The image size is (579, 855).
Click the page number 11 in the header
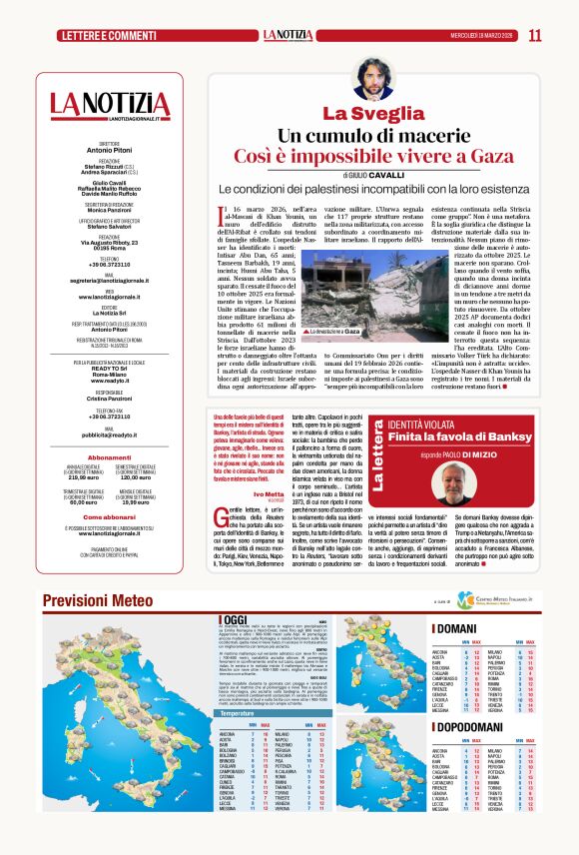pyautogui.click(x=535, y=35)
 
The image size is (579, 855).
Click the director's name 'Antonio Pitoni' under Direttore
pyautogui.click(x=110, y=150)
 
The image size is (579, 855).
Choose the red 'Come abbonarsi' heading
pyautogui.click(x=110, y=517)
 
